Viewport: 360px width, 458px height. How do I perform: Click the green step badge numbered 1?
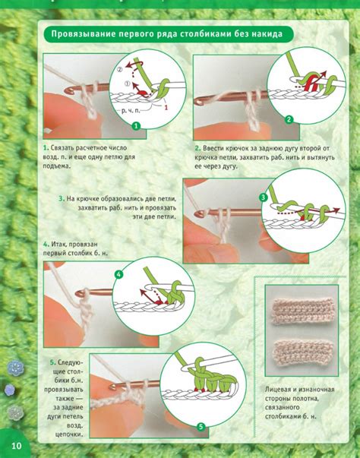(x=136, y=126)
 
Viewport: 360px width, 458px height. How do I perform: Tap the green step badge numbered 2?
(x=289, y=119)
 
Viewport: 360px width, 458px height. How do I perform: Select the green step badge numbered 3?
(x=264, y=197)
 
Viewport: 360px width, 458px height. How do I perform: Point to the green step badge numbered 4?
(x=118, y=274)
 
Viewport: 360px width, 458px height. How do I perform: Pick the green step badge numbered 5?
(x=201, y=427)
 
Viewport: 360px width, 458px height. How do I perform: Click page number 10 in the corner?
(x=17, y=445)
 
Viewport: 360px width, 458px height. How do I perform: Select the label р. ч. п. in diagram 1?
(x=131, y=110)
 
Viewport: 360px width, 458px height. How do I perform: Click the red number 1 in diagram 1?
(x=166, y=108)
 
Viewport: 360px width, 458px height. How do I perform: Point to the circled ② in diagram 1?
(x=120, y=70)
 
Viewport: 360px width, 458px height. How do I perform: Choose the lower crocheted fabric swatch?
(x=302, y=353)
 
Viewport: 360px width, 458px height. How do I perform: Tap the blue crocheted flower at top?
(x=15, y=367)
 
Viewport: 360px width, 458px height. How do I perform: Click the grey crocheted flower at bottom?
(x=15, y=412)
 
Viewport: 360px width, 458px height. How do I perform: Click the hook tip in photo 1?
(x=67, y=90)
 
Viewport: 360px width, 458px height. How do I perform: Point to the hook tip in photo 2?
(x=199, y=101)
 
